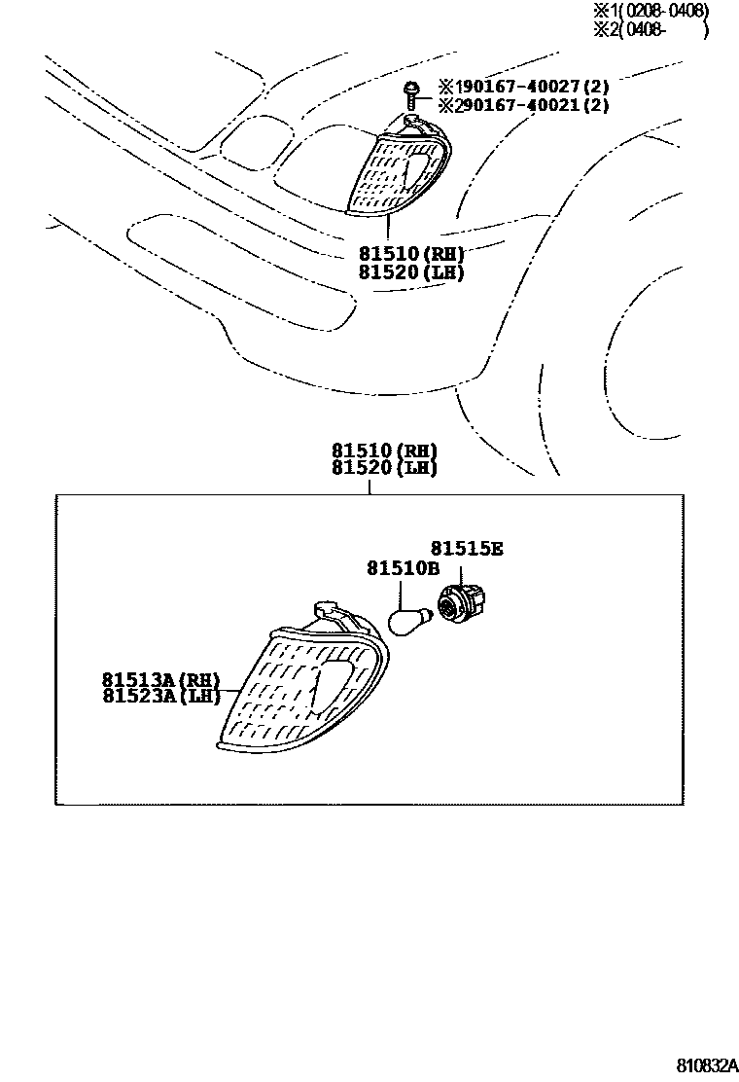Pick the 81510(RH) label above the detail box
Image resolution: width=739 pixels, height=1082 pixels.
[x=384, y=451]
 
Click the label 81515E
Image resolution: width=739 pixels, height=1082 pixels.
[x=467, y=549]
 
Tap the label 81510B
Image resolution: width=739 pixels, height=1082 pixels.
[x=403, y=568]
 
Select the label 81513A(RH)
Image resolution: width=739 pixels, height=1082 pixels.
[x=160, y=679]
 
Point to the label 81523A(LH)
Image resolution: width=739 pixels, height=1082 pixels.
[x=160, y=696]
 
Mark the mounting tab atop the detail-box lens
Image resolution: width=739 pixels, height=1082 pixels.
[x=328, y=614]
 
